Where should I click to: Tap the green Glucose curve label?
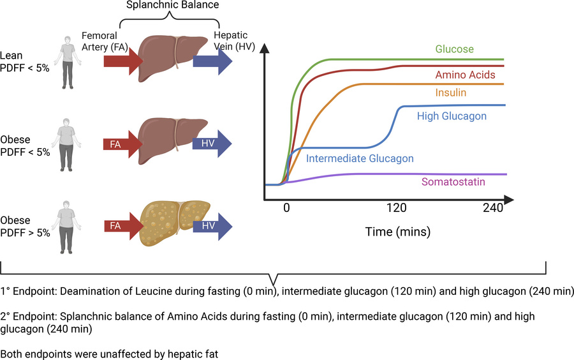[454, 49]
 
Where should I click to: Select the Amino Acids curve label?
[465, 75]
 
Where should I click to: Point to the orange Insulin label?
[450, 93]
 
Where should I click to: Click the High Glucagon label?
[452, 116]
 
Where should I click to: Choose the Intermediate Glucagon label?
[360, 158]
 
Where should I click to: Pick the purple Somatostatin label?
[453, 182]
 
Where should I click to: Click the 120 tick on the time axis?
[396, 208]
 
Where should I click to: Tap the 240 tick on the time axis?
[493, 208]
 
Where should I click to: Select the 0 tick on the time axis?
[287, 208]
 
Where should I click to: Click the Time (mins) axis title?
[397, 230]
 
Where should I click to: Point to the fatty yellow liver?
[172, 223]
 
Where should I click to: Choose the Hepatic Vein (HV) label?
[230, 41]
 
